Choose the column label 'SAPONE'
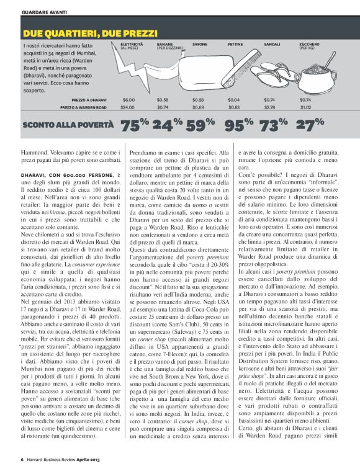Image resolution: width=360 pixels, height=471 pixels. coord(200,45)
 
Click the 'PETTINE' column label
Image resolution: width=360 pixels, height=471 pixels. coord(235,45)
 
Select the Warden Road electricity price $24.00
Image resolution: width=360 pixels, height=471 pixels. coord(127,107)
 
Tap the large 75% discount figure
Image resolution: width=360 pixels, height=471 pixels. coord(135,125)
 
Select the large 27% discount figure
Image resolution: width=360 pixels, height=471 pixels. coord(310,125)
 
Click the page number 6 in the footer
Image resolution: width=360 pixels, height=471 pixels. coord(22,460)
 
